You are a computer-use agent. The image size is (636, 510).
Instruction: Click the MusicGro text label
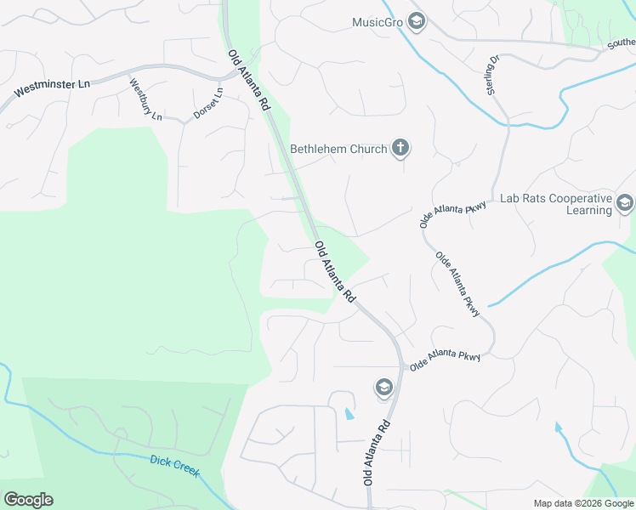click(377, 22)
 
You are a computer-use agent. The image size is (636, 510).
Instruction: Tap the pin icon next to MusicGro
click(416, 21)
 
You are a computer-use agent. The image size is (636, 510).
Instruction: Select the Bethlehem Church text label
click(338, 149)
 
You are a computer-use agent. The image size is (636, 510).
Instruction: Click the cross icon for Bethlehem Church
click(400, 149)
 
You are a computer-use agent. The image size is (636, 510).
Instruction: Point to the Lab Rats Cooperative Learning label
click(556, 204)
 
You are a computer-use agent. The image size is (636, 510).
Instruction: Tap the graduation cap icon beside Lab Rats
click(625, 203)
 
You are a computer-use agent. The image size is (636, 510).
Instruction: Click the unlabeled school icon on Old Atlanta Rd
click(383, 388)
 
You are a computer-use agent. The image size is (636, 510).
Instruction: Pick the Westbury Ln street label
click(145, 99)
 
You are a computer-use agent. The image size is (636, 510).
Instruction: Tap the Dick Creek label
click(174, 466)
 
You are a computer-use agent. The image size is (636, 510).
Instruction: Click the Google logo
click(28, 499)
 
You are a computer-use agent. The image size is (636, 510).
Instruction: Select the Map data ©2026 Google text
click(582, 503)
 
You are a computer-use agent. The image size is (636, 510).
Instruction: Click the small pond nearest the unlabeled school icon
click(349, 414)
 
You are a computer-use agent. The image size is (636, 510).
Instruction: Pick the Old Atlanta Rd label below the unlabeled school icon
click(378, 453)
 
